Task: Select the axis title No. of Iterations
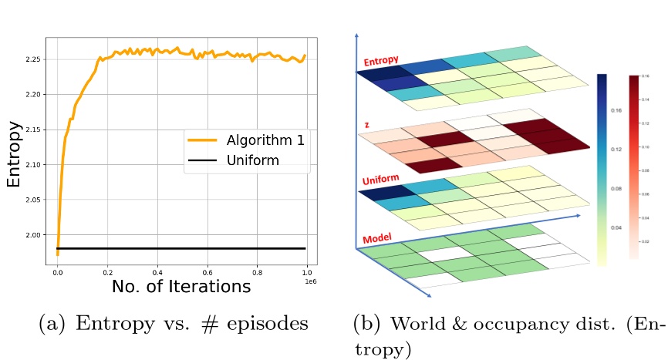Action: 181,288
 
